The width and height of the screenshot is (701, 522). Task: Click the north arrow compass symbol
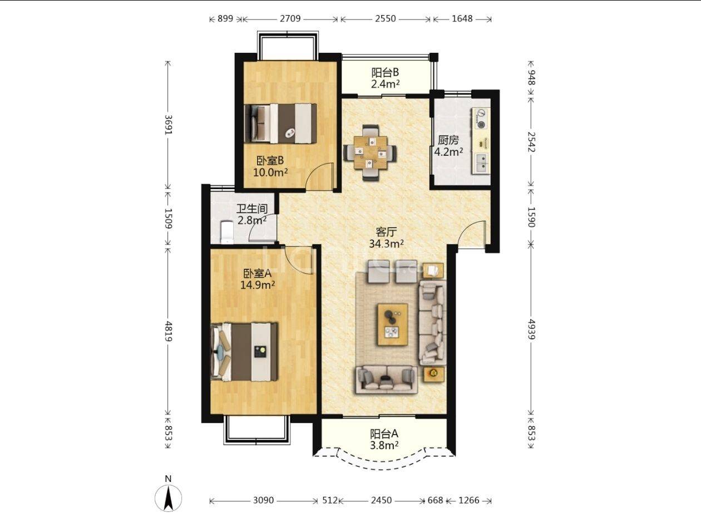coord(168,498)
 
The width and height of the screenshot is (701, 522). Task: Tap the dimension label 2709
coord(290,19)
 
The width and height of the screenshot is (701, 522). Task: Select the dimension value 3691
coord(168,125)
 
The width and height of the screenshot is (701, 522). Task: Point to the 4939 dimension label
coord(531,329)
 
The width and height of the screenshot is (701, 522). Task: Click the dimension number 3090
coord(263,500)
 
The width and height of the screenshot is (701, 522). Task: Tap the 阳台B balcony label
coord(385,73)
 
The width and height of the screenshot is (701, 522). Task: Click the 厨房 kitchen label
coord(448,140)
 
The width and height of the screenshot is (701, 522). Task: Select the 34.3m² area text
coord(386,244)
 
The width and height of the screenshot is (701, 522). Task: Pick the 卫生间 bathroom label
coord(252,209)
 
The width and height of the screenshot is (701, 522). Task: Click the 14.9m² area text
coord(257,285)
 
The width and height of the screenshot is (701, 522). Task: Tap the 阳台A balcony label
coord(384,434)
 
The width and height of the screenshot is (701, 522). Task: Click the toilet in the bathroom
coord(226,233)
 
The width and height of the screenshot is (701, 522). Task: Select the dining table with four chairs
coord(370,152)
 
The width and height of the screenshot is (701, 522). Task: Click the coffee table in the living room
coord(392,324)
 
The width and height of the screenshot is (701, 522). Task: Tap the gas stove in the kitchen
coord(481,118)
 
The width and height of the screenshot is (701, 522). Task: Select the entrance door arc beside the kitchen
coord(470,233)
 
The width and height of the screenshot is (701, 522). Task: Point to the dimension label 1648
coord(462,19)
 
